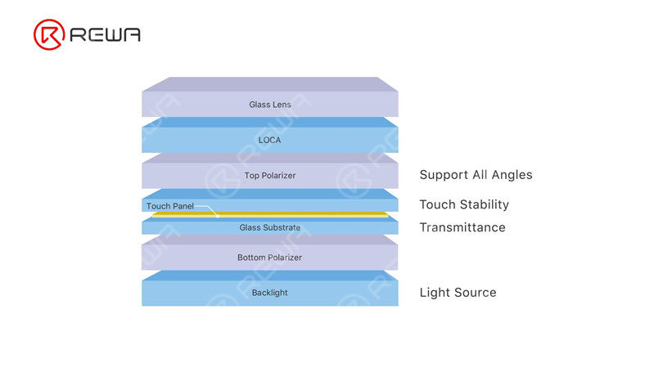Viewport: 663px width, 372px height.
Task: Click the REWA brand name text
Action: point(106,34)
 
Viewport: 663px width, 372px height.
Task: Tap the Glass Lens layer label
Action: point(269,105)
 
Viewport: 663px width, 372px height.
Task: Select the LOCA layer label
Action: point(269,140)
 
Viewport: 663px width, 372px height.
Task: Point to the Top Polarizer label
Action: point(269,176)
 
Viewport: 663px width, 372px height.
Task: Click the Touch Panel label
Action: point(170,206)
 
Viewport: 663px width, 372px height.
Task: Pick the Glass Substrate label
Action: point(269,227)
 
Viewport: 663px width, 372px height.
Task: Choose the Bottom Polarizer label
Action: point(269,258)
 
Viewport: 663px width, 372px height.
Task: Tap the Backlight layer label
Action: point(269,293)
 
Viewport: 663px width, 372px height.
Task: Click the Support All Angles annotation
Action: point(476,175)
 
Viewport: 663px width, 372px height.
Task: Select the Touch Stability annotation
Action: point(464,204)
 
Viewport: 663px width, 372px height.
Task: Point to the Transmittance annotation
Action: point(462,227)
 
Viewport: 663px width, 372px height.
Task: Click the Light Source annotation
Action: point(458,293)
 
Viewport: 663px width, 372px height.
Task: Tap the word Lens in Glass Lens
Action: point(282,105)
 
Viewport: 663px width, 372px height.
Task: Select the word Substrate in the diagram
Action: point(282,227)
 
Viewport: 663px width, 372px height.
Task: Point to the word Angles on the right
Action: point(511,175)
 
